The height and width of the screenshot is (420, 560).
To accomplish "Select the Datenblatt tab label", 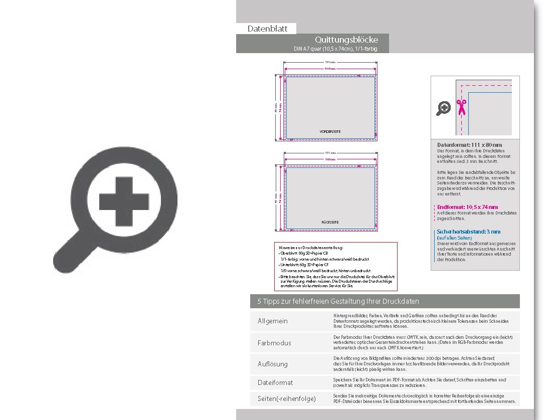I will [267, 29].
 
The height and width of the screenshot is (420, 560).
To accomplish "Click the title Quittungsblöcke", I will [346, 40].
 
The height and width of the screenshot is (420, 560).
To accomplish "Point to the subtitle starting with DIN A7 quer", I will [335, 49].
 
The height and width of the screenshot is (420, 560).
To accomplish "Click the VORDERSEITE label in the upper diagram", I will [330, 131].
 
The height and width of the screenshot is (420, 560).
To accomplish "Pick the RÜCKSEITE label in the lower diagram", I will [330, 222].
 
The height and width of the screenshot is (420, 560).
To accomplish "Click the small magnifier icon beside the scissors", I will [443, 108].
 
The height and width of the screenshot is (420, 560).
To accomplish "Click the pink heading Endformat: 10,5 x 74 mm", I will [467, 207].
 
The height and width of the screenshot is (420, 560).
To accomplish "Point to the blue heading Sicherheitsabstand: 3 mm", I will [468, 232].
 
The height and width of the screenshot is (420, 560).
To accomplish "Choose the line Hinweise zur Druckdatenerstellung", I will [311, 248].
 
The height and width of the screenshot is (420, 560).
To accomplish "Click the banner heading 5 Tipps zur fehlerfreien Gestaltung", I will [338, 301].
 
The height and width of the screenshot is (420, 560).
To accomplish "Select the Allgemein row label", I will [273, 321].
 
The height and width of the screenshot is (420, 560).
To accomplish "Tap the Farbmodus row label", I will [274, 343].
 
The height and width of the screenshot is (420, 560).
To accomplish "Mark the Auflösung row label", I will [273, 364].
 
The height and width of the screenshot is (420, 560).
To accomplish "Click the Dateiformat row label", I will [275, 382].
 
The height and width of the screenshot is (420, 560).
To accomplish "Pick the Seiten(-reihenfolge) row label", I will [287, 398].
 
